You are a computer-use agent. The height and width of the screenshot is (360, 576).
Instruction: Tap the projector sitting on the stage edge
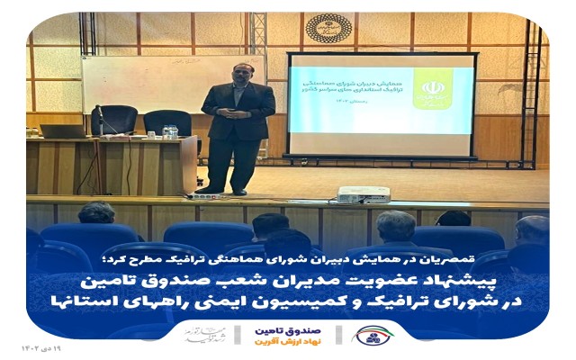tap(363, 193)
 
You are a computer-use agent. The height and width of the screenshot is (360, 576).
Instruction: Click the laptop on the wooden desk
tap(63, 131)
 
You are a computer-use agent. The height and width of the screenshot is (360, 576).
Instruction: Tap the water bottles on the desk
tap(169, 132)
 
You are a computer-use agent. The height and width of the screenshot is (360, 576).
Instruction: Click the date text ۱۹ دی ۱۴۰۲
tap(41, 346)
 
